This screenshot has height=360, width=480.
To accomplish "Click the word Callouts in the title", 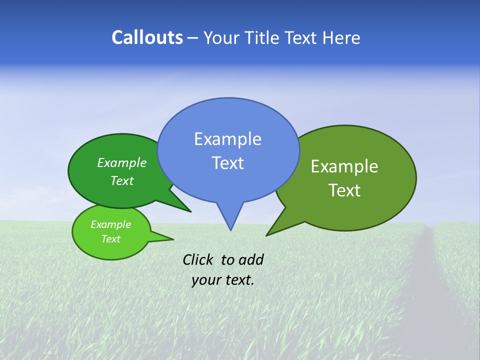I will (x=147, y=37).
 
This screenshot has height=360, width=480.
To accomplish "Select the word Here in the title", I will (x=341, y=37).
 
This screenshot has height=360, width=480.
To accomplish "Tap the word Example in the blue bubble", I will (x=227, y=139).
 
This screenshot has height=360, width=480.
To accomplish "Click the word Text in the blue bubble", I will (x=227, y=163).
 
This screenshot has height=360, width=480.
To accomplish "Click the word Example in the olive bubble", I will (x=344, y=166).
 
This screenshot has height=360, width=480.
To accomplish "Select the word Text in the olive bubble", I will (x=344, y=190).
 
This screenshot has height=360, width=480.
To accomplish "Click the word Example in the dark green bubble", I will (x=121, y=163).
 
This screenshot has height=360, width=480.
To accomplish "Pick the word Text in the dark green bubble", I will (x=121, y=181).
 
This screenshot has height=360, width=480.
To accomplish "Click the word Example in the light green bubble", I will (x=110, y=224).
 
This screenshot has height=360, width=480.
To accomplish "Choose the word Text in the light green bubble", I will (x=110, y=239).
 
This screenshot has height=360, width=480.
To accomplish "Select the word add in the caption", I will (x=250, y=259).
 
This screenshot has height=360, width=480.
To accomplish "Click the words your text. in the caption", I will (x=222, y=280).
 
